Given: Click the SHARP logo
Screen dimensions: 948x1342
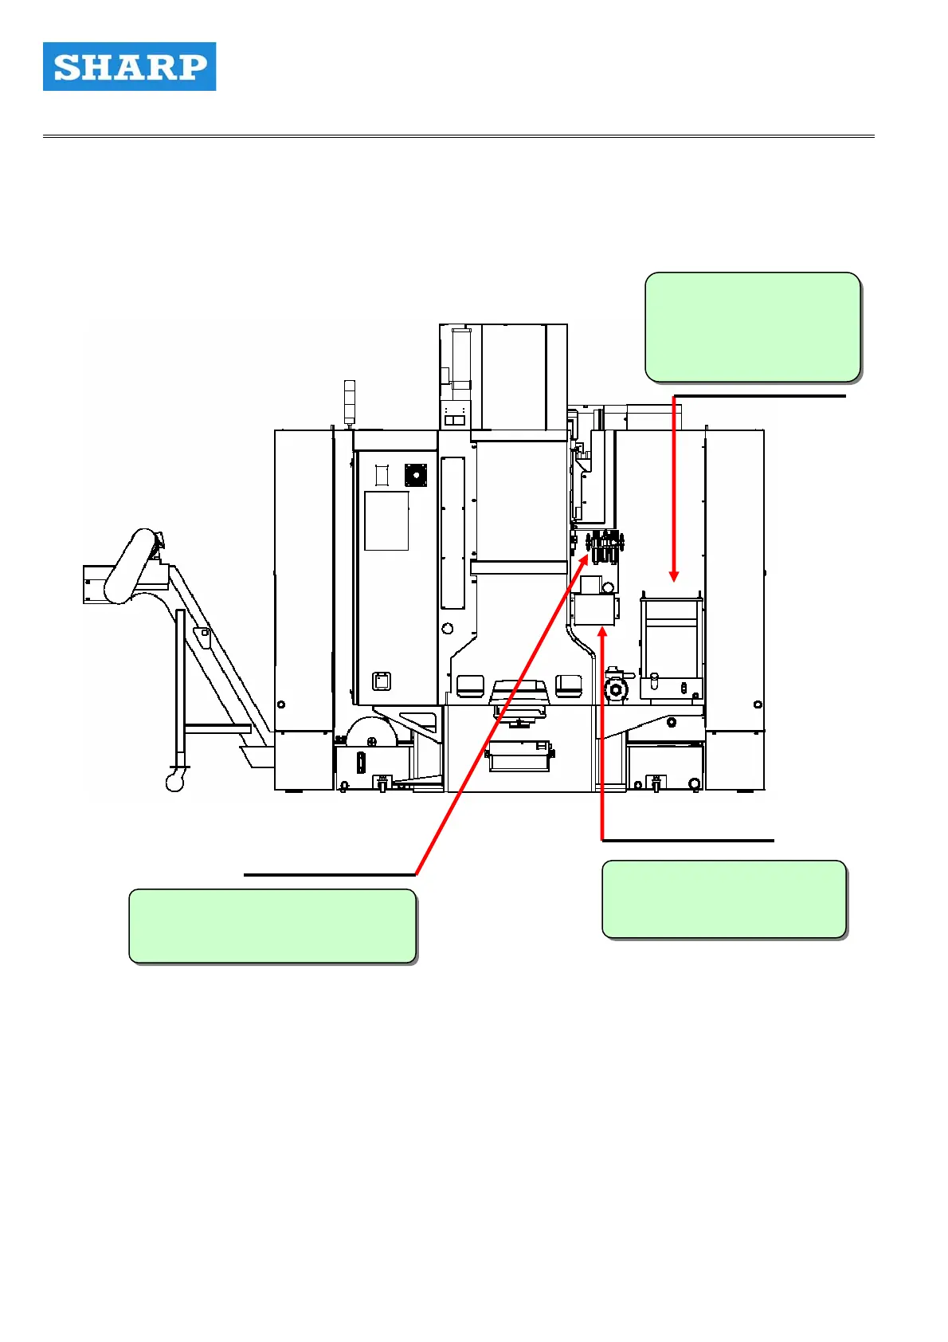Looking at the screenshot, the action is pyautogui.click(x=129, y=67).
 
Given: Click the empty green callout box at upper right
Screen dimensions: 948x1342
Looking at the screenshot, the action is pyautogui.click(x=752, y=328).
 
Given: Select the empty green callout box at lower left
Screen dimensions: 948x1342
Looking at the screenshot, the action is pyautogui.click(x=272, y=926).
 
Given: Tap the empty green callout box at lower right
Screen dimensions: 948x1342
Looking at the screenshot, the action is pyautogui.click(x=723, y=899).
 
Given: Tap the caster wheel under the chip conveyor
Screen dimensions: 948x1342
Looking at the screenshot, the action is pyautogui.click(x=175, y=782).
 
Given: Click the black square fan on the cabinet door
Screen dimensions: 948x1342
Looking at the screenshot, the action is pyautogui.click(x=415, y=475).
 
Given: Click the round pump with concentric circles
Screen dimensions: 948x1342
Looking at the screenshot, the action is pyautogui.click(x=616, y=690).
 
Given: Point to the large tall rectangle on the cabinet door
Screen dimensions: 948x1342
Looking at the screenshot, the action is pyautogui.click(x=386, y=520).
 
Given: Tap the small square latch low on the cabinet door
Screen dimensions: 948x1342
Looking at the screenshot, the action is pyautogui.click(x=382, y=681).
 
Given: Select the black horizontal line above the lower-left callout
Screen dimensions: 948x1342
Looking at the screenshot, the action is pyautogui.click(x=329, y=874).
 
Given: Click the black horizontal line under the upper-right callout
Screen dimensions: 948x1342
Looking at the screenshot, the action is pyautogui.click(x=759, y=395).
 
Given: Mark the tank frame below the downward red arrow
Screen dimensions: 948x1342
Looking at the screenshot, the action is pyautogui.click(x=671, y=647).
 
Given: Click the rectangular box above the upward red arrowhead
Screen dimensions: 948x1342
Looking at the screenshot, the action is pyautogui.click(x=594, y=611).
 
